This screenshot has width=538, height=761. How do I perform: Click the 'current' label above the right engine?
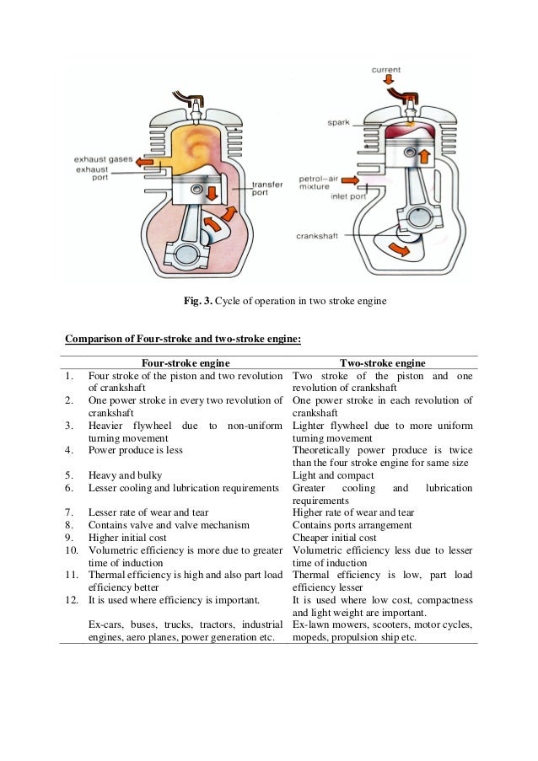(385, 70)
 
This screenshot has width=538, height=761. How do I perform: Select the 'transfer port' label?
(267, 188)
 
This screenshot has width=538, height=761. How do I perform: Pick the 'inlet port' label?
(346, 196)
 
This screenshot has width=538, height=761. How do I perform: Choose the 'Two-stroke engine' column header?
(382, 362)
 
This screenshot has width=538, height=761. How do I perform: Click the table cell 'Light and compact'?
(332, 475)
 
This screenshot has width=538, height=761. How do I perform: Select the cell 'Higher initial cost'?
(127, 538)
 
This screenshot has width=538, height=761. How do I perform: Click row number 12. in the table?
(74, 600)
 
